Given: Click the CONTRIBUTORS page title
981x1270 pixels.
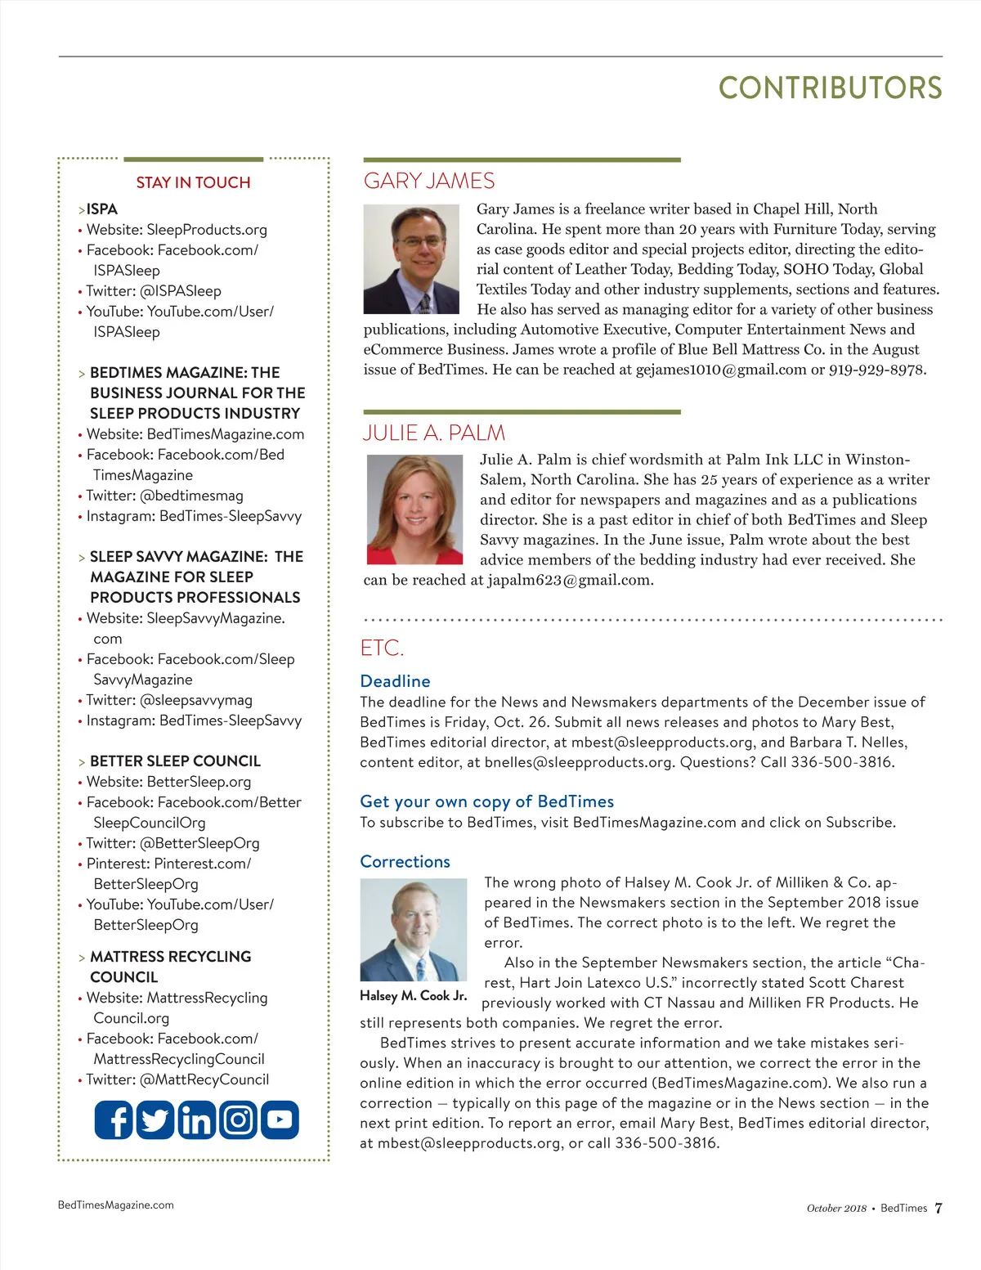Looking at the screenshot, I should [x=830, y=88].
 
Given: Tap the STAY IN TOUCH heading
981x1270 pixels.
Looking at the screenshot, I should [x=193, y=182].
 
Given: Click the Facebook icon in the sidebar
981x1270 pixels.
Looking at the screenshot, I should [x=114, y=1120].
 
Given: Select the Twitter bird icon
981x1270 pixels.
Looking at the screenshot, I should [x=155, y=1120].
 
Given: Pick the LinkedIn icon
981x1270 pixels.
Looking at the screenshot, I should [x=196, y=1120].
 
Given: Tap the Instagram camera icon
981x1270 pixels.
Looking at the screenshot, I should [x=238, y=1120].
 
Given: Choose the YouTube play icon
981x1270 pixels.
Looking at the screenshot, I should [x=280, y=1120].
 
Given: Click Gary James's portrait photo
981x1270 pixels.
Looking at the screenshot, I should [x=412, y=259].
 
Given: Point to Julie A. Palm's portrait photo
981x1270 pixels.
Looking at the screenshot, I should [x=415, y=509].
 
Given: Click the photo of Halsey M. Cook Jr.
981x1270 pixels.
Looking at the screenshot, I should [x=414, y=930].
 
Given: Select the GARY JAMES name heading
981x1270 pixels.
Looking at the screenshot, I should [x=429, y=181].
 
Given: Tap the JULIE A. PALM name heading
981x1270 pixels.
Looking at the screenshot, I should [x=434, y=433].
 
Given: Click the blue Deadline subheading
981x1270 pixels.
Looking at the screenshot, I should [x=395, y=681].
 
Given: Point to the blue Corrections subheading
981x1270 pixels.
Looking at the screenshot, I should [x=405, y=861].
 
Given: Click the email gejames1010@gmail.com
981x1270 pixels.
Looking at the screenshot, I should [x=721, y=370].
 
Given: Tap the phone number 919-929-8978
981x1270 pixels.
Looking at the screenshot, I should [x=876, y=370].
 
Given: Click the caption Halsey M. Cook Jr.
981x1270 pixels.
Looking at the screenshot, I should [x=414, y=995].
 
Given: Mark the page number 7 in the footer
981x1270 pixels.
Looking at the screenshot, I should [x=938, y=1208].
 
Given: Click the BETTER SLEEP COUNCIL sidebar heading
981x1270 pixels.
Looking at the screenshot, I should [x=175, y=761].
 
